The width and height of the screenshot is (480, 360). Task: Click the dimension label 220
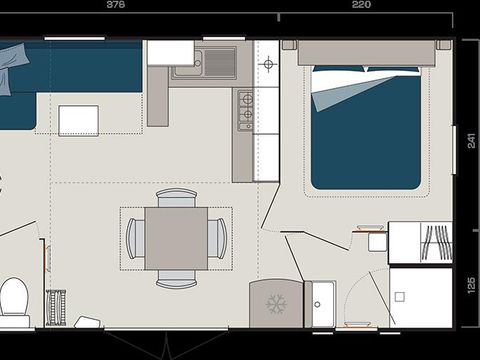click(361, 5)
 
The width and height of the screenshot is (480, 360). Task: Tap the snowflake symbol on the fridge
click(274, 302)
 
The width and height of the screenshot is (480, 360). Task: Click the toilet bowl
click(14, 297)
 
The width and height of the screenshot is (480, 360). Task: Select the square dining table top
click(176, 238)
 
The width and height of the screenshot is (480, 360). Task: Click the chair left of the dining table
click(135, 238)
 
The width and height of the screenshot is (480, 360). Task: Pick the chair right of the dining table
click(218, 238)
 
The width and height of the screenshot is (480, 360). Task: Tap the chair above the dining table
click(177, 197)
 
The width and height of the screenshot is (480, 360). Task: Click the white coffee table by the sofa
click(78, 120)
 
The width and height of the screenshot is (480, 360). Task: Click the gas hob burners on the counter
click(244, 110)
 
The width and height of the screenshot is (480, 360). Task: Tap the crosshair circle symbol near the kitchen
click(267, 65)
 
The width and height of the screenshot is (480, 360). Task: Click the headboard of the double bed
click(364, 52)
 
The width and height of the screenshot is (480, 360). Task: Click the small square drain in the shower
click(399, 297)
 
